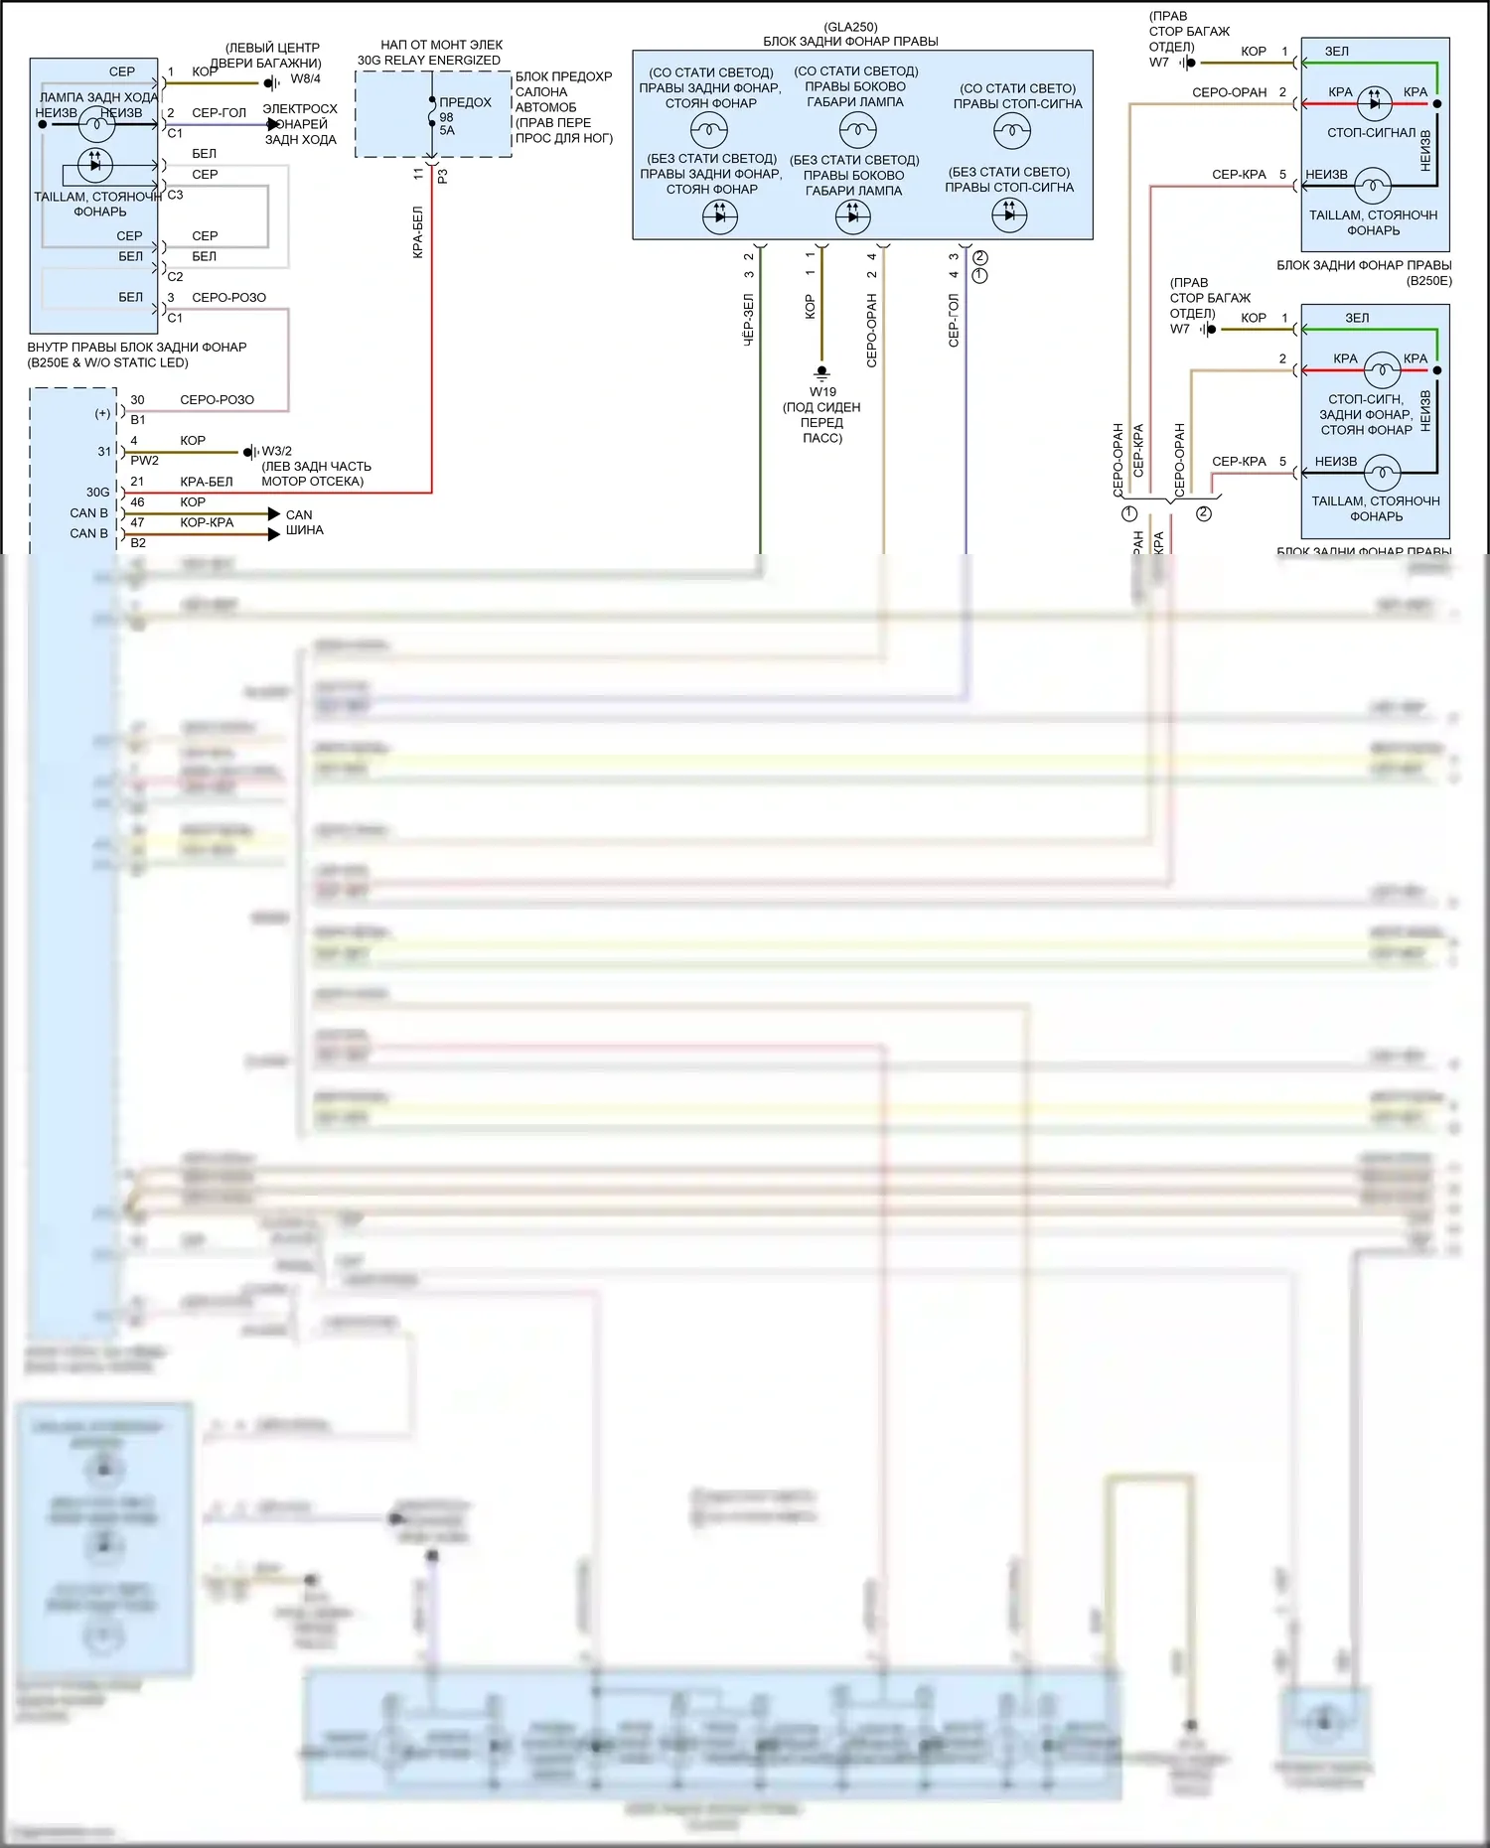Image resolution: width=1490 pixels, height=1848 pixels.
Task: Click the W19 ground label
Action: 822,391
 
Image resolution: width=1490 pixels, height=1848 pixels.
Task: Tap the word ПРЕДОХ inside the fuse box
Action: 465,102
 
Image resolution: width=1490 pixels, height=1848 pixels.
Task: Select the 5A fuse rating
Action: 447,130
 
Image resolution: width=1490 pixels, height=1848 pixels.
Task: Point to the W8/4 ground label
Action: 305,78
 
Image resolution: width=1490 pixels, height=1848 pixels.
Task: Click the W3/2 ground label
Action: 276,451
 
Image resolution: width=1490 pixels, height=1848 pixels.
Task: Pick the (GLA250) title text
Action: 850,27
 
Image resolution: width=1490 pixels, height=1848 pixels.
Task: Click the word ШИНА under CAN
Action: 304,530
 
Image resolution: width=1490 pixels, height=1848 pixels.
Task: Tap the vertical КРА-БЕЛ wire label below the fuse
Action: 418,232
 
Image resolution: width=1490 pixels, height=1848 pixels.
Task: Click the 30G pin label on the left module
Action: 97,492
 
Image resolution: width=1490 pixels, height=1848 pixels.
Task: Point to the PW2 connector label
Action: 144,461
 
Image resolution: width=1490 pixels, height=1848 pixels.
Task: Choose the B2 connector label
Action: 138,543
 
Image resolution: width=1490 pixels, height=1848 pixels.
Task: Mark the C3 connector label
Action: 175,195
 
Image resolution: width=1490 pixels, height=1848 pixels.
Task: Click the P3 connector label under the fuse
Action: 443,176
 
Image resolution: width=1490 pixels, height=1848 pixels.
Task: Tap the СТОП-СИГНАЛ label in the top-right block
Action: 1371,132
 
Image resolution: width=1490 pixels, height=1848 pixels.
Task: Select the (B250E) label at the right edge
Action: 1428,281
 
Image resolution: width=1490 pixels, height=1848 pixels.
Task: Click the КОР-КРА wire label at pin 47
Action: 207,522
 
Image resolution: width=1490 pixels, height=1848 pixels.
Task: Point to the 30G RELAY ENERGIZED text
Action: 429,61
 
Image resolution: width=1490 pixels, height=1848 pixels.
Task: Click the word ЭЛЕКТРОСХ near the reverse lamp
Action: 300,109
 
